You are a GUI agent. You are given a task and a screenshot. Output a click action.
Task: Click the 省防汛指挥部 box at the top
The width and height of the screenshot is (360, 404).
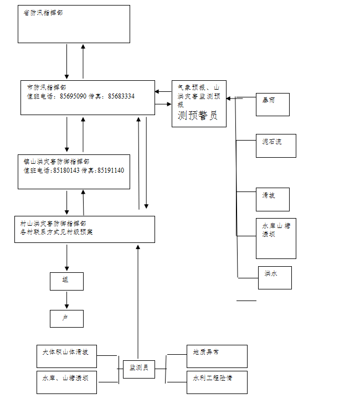74,24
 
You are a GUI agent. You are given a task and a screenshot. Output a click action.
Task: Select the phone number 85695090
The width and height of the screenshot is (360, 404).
73,96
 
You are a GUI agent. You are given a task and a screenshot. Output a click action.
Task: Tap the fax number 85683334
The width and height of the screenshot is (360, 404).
121,96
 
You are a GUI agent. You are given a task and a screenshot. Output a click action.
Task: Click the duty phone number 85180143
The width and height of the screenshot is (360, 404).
66,170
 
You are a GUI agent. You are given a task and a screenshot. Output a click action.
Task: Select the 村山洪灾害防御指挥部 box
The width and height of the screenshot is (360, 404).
84,229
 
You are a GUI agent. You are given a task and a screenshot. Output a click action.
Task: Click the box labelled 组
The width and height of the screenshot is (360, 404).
66,281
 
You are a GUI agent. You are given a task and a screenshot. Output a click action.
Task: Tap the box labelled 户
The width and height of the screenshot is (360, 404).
66,318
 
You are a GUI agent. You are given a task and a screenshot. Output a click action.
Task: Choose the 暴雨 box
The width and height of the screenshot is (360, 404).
272,105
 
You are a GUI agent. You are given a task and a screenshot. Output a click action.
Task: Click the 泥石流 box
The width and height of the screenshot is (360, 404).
276,145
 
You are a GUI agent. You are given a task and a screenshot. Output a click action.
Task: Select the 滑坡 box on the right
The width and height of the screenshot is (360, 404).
272,199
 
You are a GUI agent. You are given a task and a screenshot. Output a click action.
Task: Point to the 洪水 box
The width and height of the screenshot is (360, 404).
275,277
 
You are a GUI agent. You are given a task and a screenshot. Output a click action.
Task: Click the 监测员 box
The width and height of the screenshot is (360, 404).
138,367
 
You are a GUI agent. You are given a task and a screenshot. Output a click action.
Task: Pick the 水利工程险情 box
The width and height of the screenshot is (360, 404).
217,382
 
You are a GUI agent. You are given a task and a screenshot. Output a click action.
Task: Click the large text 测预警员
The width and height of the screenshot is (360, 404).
198,116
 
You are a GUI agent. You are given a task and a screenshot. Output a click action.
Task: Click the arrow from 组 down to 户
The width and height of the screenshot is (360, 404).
67,300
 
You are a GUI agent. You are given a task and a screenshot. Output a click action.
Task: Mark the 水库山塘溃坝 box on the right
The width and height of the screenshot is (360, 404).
276,238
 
